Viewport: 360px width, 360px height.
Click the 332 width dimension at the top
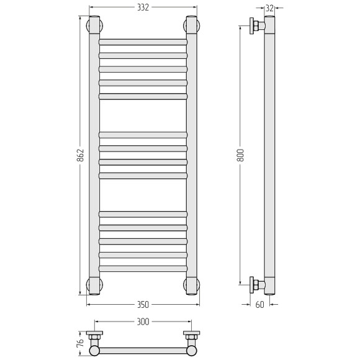[x=143, y=7]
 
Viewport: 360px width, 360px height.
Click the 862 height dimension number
[x=80, y=155]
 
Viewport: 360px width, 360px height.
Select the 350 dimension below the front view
[x=143, y=305]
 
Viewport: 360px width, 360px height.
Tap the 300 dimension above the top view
[x=143, y=322]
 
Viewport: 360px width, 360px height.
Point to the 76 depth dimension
[x=80, y=343]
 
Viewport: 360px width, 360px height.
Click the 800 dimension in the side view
[x=240, y=155]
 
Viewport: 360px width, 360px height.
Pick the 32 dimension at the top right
[x=270, y=8]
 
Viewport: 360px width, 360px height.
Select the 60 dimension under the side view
[x=259, y=305]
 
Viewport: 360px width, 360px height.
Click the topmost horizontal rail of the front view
[x=143, y=42]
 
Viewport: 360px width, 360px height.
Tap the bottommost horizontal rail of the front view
[x=143, y=269]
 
